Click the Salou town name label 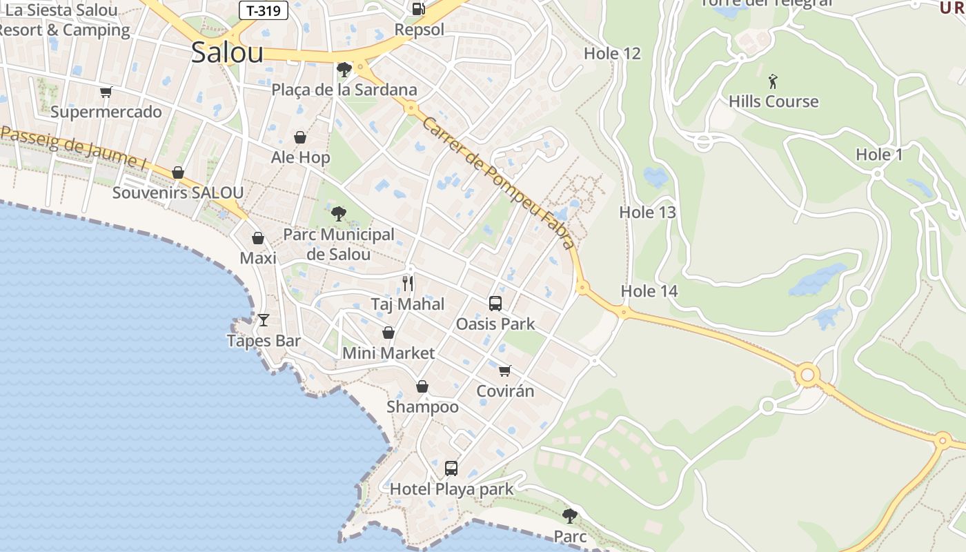pos(227,52)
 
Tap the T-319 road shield pos(263,10)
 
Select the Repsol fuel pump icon pos(418,9)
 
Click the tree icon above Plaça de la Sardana pos(344,70)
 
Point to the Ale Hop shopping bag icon pos(300,137)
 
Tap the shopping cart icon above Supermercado pos(106,92)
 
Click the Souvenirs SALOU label pos(178,193)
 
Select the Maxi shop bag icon pos(258,238)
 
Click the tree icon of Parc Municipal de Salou pos(338,214)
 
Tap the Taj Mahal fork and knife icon pos(408,283)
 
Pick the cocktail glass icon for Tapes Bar pos(263,319)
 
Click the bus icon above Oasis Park pos(495,303)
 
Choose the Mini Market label pos(388,353)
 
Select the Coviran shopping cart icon pos(505,371)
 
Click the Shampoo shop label pos(422,407)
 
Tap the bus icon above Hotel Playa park pos(451,469)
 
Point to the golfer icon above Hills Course pos(773,81)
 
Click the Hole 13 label pos(647,213)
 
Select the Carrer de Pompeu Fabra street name pos(497,183)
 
